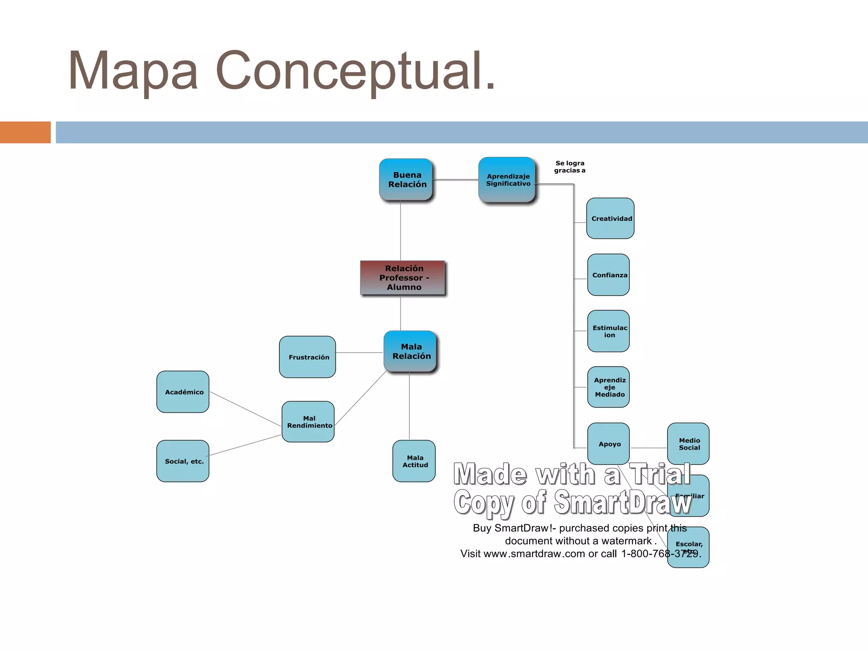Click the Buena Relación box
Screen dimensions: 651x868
click(x=406, y=180)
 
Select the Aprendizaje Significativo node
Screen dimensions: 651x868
click(x=507, y=180)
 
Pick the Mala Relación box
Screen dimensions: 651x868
click(x=410, y=352)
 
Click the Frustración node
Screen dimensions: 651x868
click(x=308, y=357)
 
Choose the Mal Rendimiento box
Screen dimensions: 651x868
click(x=308, y=422)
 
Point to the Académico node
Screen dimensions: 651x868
click(x=183, y=392)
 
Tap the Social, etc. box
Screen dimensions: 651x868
click(x=183, y=461)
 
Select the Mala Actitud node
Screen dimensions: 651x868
click(x=414, y=461)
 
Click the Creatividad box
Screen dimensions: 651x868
click(x=610, y=218)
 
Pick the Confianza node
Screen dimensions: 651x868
click(x=609, y=275)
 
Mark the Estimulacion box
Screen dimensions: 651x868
click(x=609, y=331)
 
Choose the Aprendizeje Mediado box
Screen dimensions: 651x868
click(x=609, y=387)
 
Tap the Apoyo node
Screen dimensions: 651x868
click(x=609, y=443)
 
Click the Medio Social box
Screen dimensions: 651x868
click(x=688, y=443)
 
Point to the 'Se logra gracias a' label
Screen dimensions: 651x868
click(x=570, y=167)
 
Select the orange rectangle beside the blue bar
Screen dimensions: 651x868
click(x=25, y=132)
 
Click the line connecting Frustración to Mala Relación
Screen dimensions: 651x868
click(x=359, y=353)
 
